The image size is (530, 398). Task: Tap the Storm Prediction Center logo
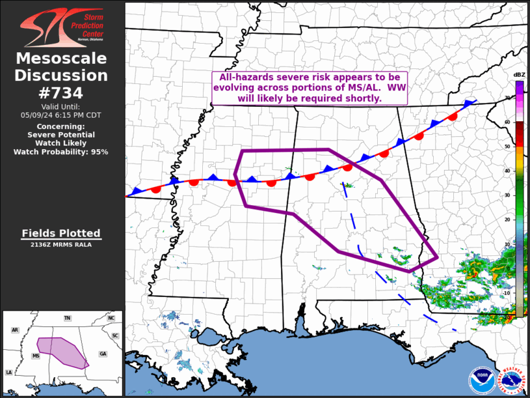point(62,27)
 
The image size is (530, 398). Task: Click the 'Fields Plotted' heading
point(61,233)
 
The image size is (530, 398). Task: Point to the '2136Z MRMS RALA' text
point(61,245)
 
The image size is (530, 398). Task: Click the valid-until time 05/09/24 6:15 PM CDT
point(61,115)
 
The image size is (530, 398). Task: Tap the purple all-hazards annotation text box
point(310,88)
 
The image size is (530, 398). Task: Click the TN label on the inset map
point(67,318)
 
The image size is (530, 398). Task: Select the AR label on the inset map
point(15,330)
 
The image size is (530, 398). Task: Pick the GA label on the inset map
point(103,353)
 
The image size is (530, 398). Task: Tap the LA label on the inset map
point(9,372)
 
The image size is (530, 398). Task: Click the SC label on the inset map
point(114,335)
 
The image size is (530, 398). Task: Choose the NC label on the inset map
point(111,318)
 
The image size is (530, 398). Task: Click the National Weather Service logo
point(512,380)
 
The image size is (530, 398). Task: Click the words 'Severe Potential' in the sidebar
point(61,135)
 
